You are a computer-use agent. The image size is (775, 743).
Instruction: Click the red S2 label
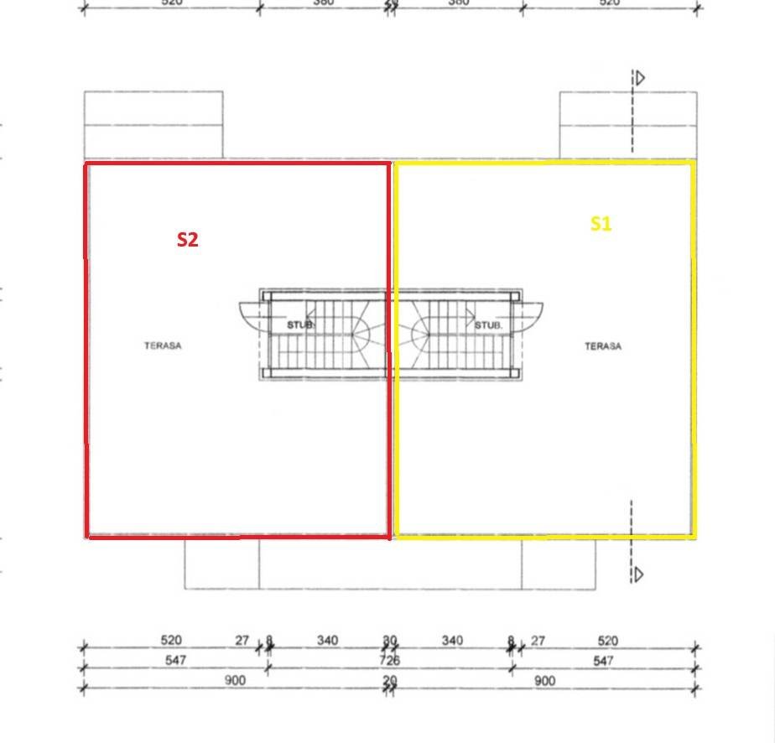(x=187, y=240)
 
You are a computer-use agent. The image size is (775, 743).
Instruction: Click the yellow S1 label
(x=601, y=224)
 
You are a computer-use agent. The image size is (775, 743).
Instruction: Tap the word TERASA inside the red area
(x=163, y=346)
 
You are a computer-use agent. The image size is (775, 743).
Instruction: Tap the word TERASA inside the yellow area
(x=603, y=346)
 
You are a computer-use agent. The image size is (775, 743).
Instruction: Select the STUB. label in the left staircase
(x=300, y=325)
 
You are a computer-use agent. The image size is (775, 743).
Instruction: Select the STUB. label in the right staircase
(x=488, y=325)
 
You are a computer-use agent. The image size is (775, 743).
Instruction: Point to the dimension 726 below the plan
(x=389, y=661)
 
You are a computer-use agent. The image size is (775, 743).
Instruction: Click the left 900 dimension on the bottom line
(x=235, y=681)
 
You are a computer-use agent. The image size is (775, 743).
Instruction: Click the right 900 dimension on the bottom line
(x=544, y=681)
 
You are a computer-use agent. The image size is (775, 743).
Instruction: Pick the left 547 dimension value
(x=175, y=661)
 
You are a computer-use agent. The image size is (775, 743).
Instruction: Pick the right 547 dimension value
(x=602, y=661)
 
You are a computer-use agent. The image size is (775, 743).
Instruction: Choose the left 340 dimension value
(x=327, y=641)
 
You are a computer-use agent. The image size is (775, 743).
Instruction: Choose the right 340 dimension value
(x=451, y=641)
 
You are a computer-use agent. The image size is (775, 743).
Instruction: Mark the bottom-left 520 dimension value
(x=170, y=641)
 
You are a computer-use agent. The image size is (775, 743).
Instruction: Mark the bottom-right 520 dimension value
(x=607, y=641)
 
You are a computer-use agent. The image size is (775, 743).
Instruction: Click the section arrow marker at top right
(x=639, y=79)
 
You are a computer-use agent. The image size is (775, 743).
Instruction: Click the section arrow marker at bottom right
(x=639, y=574)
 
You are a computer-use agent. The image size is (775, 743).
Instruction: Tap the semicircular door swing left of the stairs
(x=250, y=317)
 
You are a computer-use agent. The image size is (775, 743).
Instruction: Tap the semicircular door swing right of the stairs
(x=530, y=317)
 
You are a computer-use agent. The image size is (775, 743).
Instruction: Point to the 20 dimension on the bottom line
(x=389, y=681)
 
